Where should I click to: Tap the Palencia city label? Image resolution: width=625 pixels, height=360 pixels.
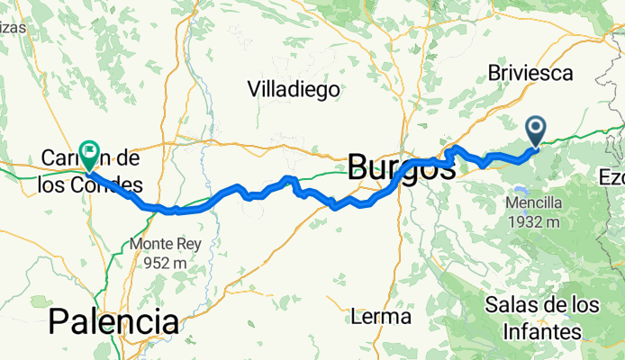tap(113, 321)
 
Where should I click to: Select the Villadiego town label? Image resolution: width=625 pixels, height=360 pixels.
tap(294, 89)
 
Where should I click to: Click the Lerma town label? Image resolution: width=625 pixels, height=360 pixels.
tap(381, 317)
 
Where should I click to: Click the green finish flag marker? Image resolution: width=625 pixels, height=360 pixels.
tap(90, 152)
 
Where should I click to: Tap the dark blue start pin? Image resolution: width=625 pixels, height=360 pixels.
tap(536, 130)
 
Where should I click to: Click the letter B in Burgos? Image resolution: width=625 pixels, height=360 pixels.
tap(359, 166)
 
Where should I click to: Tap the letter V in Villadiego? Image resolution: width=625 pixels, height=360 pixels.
tap(254, 89)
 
